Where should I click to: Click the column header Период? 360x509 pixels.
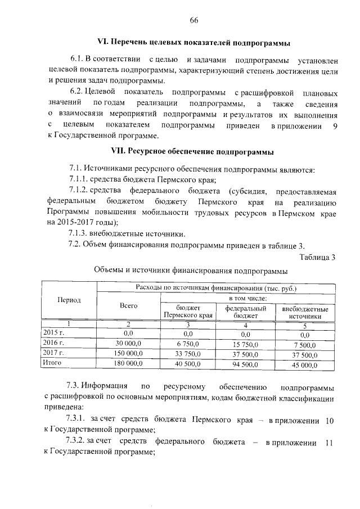pos(69,300)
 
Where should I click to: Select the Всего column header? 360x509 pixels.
pos(129,305)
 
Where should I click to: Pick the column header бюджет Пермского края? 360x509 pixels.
pos(188,312)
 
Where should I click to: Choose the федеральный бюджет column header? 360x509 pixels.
pos(246,312)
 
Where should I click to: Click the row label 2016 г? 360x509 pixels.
pos(54,343)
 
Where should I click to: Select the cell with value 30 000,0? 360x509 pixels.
pos(129,343)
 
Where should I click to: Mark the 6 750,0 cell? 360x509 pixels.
pos(188,343)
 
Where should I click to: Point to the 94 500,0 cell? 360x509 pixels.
pos(246,364)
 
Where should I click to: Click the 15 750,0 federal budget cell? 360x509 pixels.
pos(246,343)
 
